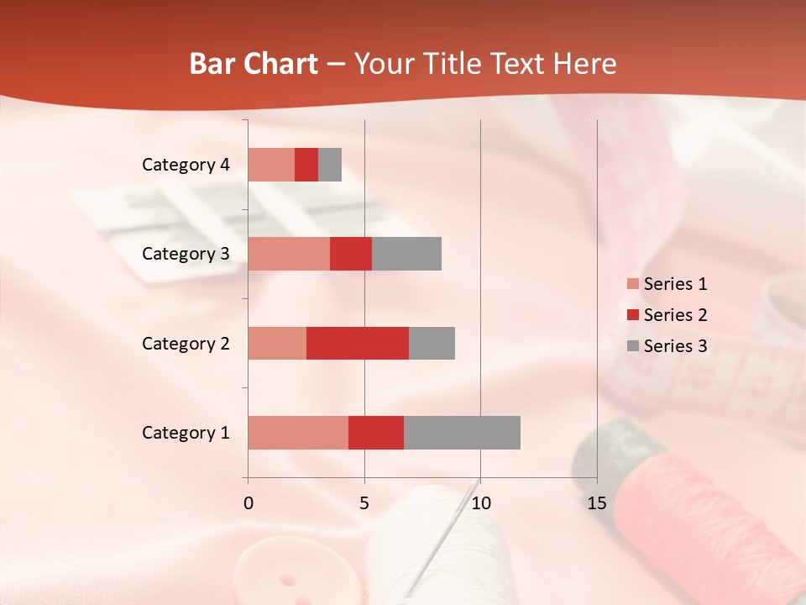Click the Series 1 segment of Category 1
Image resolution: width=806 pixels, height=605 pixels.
pos(298,433)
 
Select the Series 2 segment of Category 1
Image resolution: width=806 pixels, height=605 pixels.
pos(376,433)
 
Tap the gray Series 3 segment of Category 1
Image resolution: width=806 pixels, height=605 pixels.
pos(462,433)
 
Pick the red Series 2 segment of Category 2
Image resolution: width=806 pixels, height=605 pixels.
pos(358,343)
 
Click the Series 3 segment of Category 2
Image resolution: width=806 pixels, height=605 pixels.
pos(432,343)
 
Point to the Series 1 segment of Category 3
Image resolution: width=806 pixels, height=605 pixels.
pos(289,254)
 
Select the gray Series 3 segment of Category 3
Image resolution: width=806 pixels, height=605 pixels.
pos(406,254)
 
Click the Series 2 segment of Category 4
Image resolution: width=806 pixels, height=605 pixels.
pos(306,165)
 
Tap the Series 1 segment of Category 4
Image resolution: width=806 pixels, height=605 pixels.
pos(271,165)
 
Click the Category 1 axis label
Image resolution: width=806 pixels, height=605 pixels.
pos(186,433)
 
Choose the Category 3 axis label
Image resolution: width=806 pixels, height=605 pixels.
pos(186,254)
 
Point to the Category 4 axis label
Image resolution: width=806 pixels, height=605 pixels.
pos(186,165)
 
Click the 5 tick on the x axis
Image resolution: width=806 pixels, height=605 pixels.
pos(364,503)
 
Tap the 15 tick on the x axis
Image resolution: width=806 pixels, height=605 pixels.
pos(596,503)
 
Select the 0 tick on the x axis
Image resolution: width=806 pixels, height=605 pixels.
pos(249,503)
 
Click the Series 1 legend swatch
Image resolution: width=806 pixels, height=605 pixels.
pos(632,284)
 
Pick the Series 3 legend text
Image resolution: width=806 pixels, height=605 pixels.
pos(675,345)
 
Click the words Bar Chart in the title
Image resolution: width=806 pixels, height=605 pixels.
pos(254,64)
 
